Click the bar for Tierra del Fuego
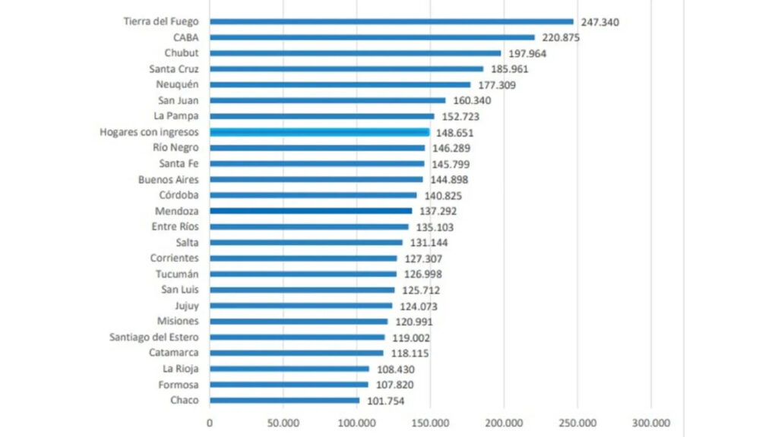click(391, 21)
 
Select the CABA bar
click(372, 37)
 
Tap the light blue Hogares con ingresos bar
click(320, 132)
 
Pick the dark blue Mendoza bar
click(311, 211)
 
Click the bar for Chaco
click(285, 401)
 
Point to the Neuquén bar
click(340, 85)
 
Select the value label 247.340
click(599, 22)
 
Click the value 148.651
click(456, 133)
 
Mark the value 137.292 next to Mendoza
click(438, 212)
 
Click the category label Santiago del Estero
click(155, 337)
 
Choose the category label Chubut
click(182, 53)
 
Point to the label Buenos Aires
click(169, 180)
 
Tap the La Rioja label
click(181, 369)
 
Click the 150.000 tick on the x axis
click(430, 423)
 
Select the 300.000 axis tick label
click(651, 423)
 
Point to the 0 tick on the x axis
click(210, 423)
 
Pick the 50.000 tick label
click(283, 423)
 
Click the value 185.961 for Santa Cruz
click(510, 69)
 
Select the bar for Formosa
click(289, 385)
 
